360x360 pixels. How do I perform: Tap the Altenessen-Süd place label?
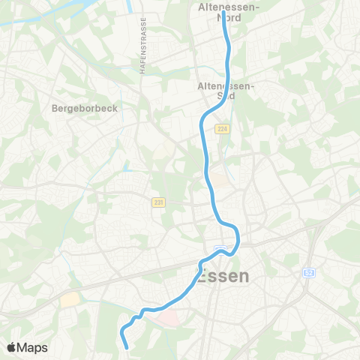(x=226, y=91)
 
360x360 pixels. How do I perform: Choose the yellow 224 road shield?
(x=222, y=129)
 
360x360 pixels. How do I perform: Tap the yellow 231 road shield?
(x=157, y=202)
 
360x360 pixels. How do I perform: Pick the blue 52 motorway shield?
(x=308, y=273)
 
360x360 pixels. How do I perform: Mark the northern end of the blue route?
(x=223, y=13)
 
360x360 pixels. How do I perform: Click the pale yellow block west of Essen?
(x=70, y=299)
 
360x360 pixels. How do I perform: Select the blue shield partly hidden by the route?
(x=220, y=249)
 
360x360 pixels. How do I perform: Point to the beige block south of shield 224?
(x=218, y=181)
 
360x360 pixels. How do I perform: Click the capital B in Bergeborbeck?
(x=55, y=108)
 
